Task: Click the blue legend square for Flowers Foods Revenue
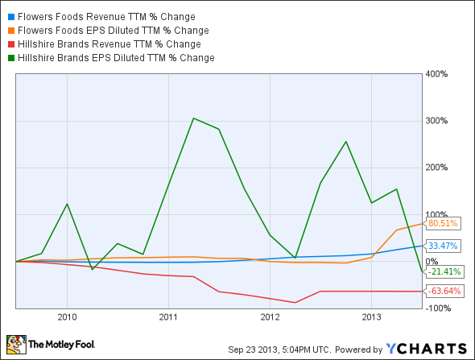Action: pos(9,16)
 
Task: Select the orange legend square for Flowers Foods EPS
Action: pos(9,30)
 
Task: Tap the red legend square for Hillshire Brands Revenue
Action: pos(9,43)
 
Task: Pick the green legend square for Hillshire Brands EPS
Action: pos(9,57)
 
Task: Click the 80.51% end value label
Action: pos(443,224)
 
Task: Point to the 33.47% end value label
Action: pos(443,246)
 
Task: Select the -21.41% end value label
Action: pos(443,271)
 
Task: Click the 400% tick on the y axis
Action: pos(437,74)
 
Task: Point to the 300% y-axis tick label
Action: pos(437,121)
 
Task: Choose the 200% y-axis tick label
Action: pos(437,168)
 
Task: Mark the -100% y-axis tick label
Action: pos(437,308)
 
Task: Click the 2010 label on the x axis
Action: pos(67,317)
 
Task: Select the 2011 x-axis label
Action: pos(167,317)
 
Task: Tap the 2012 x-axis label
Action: pos(269,317)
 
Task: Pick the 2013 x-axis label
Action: pos(370,317)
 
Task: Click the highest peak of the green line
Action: pos(193,118)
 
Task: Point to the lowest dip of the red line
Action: pos(295,303)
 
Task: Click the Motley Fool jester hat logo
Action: pos(16,344)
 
